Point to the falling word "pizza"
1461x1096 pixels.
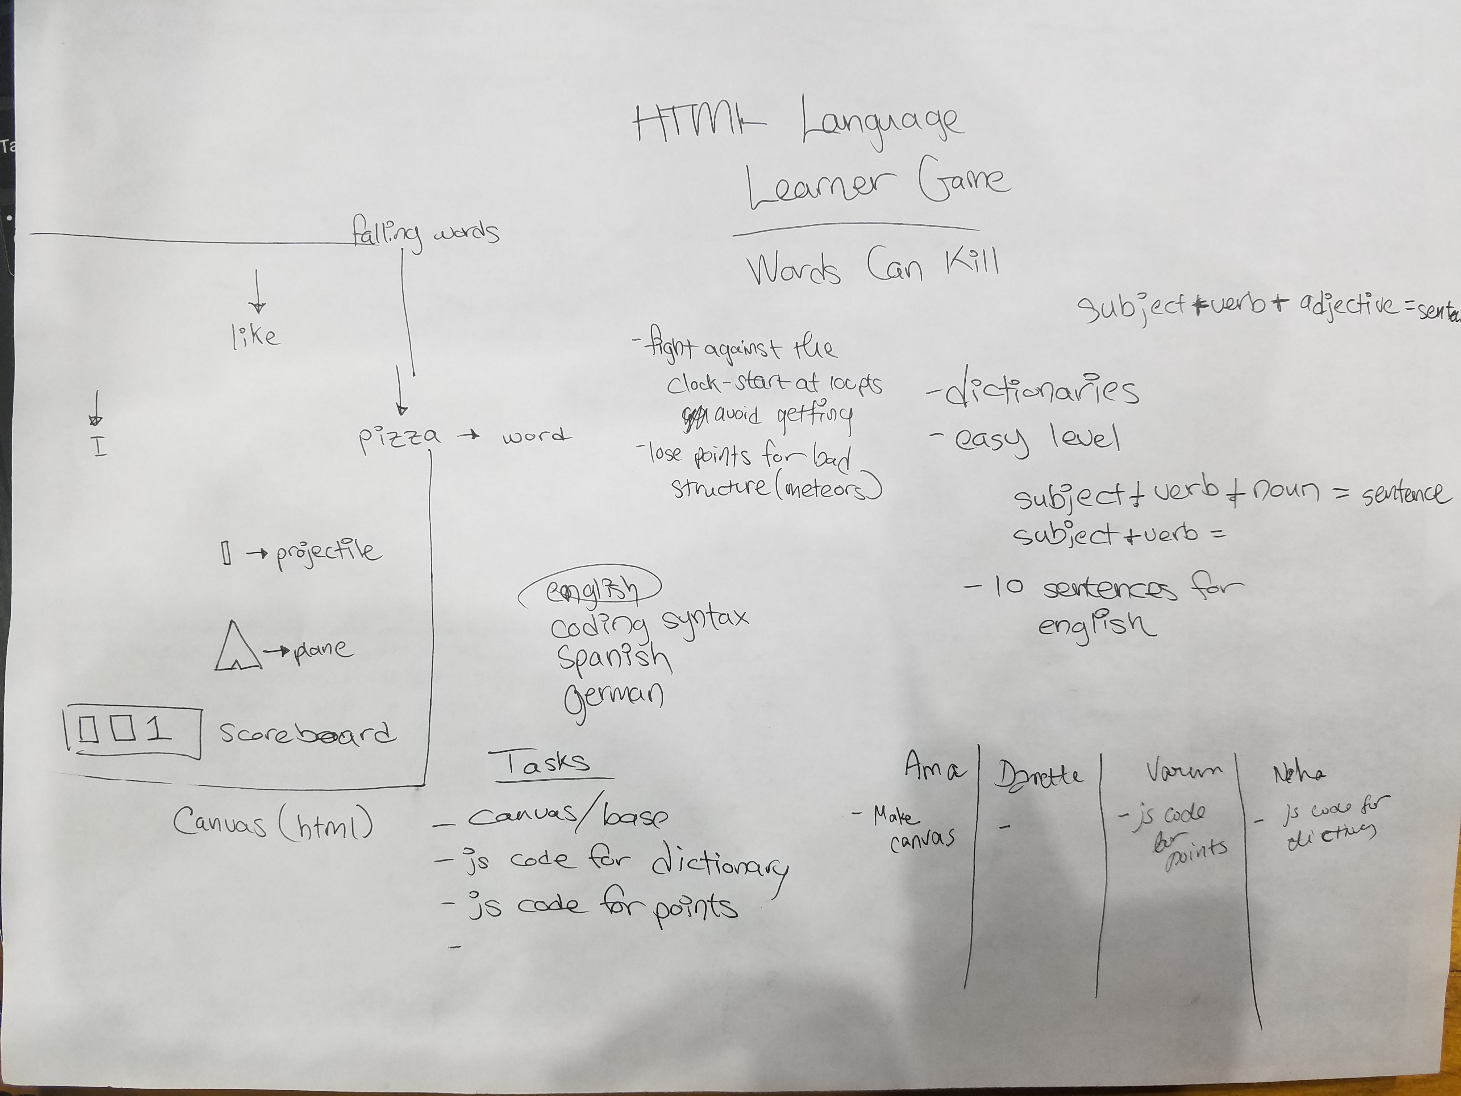tap(398, 437)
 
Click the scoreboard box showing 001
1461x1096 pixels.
tap(133, 732)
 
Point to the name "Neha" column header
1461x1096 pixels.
tap(1298, 773)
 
